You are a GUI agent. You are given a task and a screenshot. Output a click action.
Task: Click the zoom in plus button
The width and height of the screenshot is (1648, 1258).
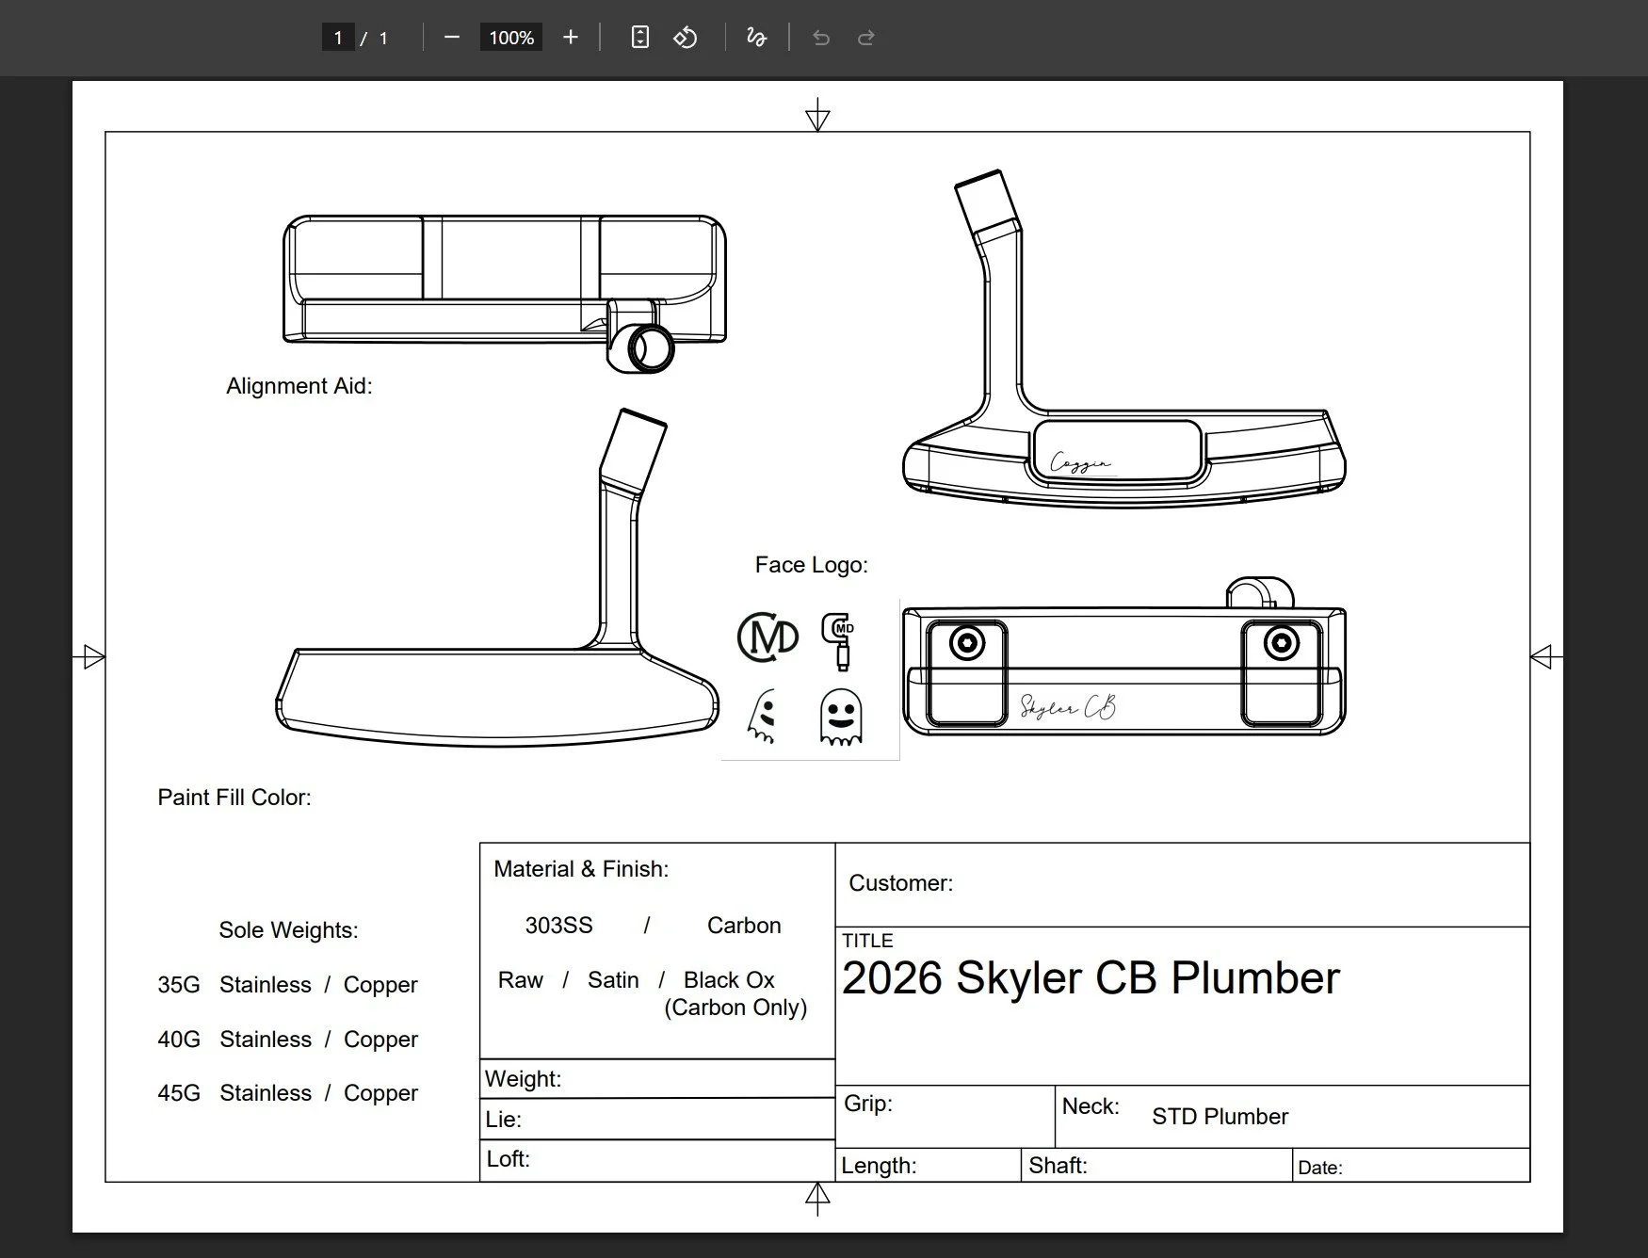[570, 38]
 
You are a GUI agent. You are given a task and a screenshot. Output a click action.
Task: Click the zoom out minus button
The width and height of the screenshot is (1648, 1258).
[452, 38]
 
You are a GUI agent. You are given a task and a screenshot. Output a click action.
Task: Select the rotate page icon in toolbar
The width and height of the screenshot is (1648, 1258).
[686, 38]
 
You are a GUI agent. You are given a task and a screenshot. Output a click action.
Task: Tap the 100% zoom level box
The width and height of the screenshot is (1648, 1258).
[511, 38]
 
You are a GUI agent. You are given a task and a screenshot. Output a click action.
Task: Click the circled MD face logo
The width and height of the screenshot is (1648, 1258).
[767, 637]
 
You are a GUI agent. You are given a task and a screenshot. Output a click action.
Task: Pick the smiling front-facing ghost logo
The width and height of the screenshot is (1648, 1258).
[840, 717]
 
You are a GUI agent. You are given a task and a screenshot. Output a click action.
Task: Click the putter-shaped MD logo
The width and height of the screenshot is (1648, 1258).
[838, 640]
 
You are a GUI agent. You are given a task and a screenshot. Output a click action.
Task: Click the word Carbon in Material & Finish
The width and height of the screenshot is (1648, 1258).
[744, 926]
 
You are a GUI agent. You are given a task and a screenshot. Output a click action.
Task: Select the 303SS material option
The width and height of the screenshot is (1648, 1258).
[558, 926]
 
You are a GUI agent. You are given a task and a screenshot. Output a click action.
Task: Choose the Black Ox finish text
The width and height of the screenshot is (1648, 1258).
[729, 980]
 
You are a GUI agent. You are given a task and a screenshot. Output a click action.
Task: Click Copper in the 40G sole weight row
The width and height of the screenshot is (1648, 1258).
[380, 1040]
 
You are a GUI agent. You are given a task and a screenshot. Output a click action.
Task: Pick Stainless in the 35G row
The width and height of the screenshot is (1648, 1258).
[265, 985]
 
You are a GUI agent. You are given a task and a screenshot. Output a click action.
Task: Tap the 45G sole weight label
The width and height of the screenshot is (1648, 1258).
[179, 1093]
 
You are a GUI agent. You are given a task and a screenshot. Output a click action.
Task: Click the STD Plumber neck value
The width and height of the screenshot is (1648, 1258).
[1220, 1117]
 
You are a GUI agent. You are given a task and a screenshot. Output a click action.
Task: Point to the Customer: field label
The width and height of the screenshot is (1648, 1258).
[900, 883]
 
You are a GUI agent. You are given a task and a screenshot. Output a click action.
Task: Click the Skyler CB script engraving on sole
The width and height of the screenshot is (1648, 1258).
[1068, 707]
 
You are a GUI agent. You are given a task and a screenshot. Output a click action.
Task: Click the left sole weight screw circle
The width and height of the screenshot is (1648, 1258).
[967, 644]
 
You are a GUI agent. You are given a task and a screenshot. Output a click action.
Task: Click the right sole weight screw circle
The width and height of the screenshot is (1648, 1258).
[1281, 644]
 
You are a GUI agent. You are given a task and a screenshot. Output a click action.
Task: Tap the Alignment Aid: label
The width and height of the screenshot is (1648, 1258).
[299, 386]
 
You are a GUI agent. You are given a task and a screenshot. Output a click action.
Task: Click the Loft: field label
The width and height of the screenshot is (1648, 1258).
[508, 1159]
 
